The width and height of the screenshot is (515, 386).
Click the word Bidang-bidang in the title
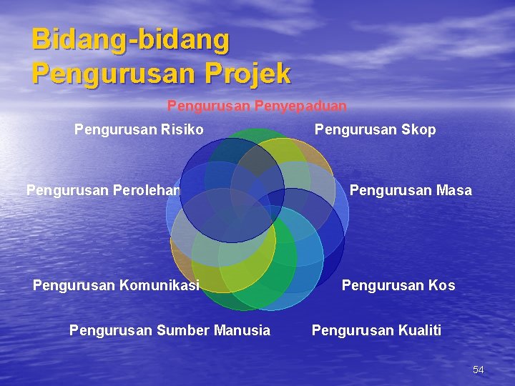tap(131, 40)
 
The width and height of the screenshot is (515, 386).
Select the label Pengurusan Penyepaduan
tap(257, 106)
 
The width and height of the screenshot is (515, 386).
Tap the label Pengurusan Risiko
tap(139, 129)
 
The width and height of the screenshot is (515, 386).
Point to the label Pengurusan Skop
tap(375, 129)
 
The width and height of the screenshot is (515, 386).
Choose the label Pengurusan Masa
tap(410, 190)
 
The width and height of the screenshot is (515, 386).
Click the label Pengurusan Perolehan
tap(103, 190)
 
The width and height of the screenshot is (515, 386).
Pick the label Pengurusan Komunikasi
tap(115, 285)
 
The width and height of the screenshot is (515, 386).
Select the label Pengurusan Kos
tap(398, 285)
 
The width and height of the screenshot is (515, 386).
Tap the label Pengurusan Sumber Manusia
tap(170, 330)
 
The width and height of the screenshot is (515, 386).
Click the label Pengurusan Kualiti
tap(376, 330)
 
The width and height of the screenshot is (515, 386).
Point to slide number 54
tap(479, 370)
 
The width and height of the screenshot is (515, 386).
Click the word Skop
tap(419, 129)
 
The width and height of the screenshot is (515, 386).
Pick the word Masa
tap(455, 190)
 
